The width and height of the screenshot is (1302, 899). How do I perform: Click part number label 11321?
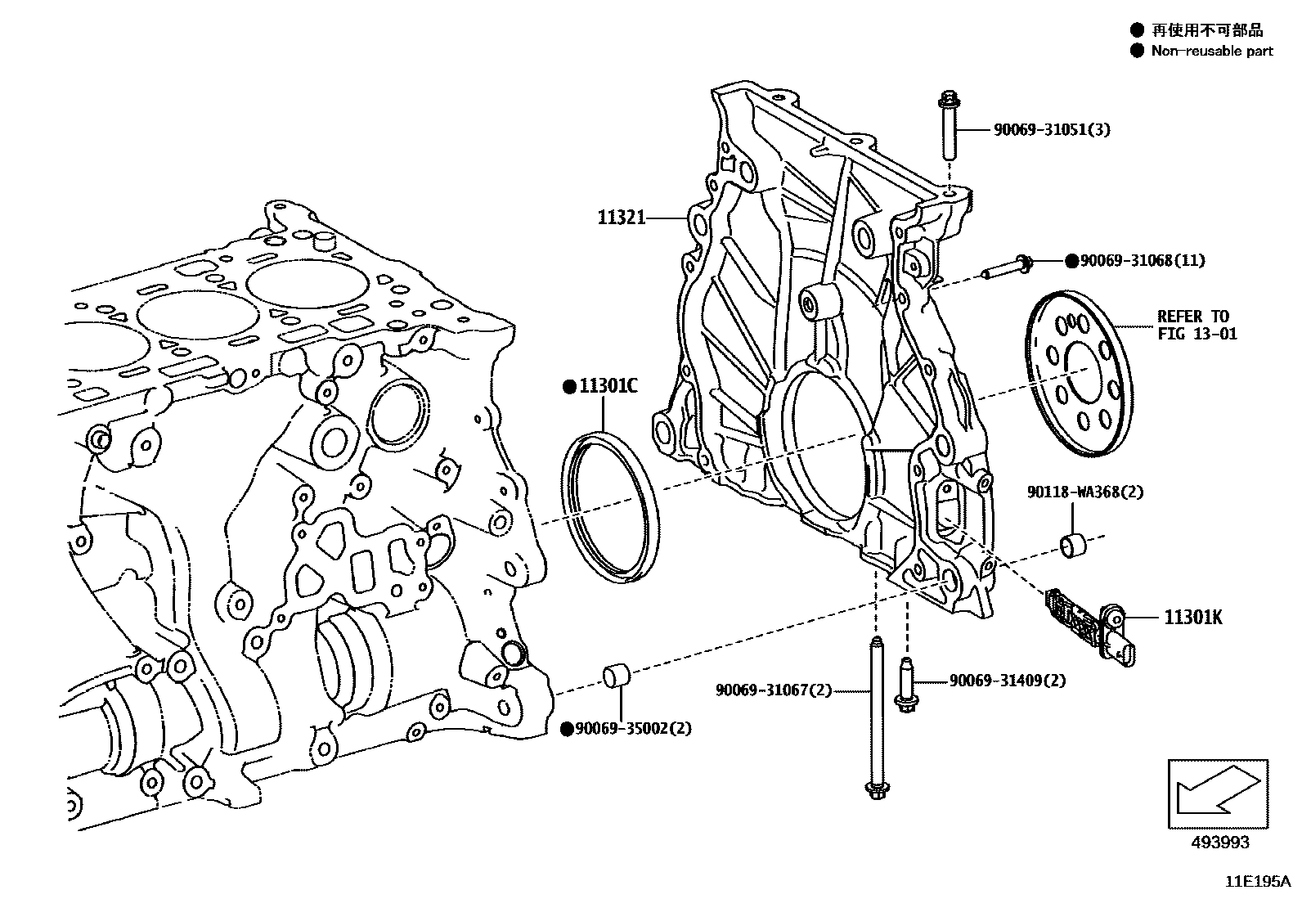pyautogui.click(x=621, y=218)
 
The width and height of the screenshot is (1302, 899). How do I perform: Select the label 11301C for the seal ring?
pyautogui.click(x=608, y=387)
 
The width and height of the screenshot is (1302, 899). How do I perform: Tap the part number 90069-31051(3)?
pyautogui.click(x=1052, y=129)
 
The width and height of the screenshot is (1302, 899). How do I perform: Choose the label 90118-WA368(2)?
pyautogui.click(x=1085, y=492)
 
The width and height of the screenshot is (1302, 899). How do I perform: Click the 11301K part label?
pyautogui.click(x=1193, y=618)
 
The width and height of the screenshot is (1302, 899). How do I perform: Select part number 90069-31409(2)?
pyautogui.click(x=1007, y=681)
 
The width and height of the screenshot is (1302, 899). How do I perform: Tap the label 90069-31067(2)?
pyautogui.click(x=773, y=690)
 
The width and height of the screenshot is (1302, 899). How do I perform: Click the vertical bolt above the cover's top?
pyautogui.click(x=949, y=128)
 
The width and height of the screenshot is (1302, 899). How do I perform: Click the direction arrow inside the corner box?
pyautogui.click(x=1217, y=793)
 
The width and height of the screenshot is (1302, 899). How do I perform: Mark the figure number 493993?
pyautogui.click(x=1219, y=842)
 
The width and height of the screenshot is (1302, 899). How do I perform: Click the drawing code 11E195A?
pyautogui.click(x=1256, y=882)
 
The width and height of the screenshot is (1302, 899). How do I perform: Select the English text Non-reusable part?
pyautogui.click(x=1211, y=51)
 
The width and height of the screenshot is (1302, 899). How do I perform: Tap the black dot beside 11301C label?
pyautogui.click(x=568, y=388)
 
